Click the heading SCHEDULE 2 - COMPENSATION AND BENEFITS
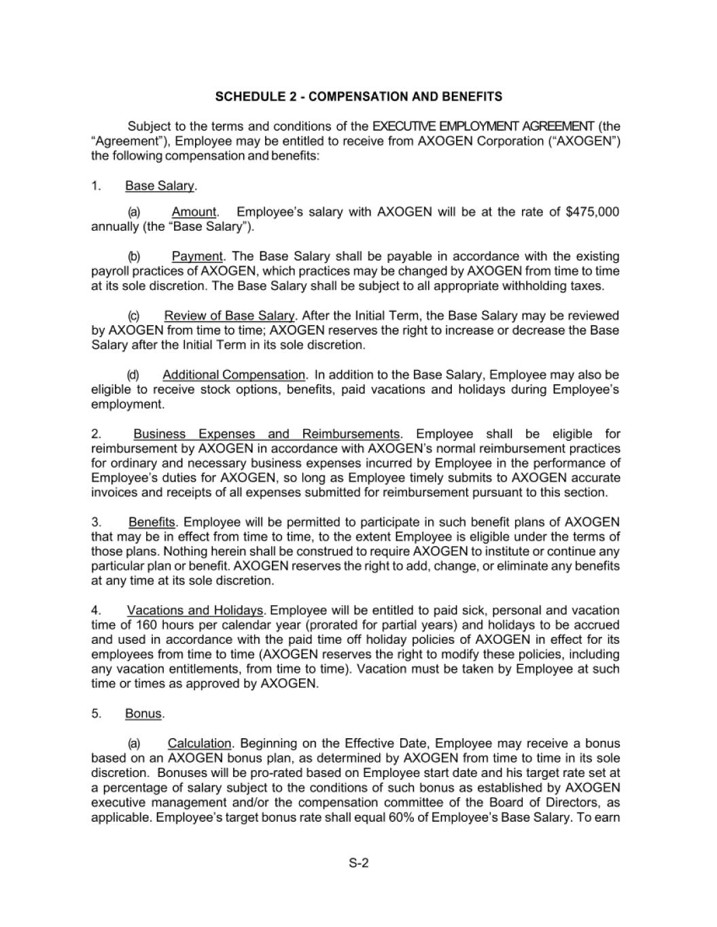click(x=358, y=96)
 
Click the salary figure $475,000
click(x=592, y=212)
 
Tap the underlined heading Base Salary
click(x=160, y=186)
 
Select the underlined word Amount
click(x=194, y=212)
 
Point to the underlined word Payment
click(x=197, y=257)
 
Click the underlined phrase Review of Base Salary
click(x=229, y=316)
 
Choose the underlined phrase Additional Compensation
click(x=234, y=375)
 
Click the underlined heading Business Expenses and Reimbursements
click(x=266, y=434)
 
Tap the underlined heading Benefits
click(x=152, y=522)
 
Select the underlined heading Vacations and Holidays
click(x=194, y=611)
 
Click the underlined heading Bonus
click(x=143, y=714)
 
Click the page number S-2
click(x=358, y=864)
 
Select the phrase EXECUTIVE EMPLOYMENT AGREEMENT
click(x=483, y=127)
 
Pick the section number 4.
click(x=97, y=611)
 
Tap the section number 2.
click(x=97, y=434)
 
